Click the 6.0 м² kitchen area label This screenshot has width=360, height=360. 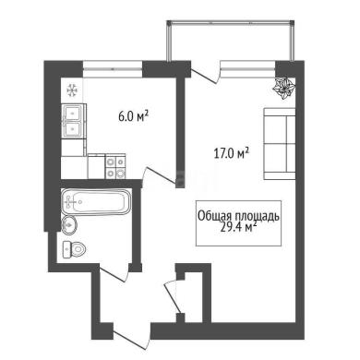click(x=133, y=116)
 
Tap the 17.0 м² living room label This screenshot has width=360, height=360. click(x=231, y=153)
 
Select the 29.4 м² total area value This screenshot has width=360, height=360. click(x=239, y=228)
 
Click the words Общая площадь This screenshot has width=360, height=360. click(x=238, y=216)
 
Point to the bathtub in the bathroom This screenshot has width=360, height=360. click(x=96, y=201)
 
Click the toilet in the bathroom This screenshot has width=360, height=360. click(x=74, y=249)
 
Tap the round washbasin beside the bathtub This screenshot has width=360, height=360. click(x=69, y=225)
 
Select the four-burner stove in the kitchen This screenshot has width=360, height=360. click(x=115, y=166)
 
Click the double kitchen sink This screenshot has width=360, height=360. click(x=72, y=121)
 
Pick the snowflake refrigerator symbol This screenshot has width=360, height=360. click(x=72, y=90)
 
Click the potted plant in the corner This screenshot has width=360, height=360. click(x=284, y=89)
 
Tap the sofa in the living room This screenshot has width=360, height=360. click(x=280, y=143)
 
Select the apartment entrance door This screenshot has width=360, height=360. click(x=132, y=339)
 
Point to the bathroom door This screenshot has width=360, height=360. click(x=114, y=273)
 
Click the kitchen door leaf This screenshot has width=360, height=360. click(x=161, y=176)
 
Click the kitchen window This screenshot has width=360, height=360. click(x=113, y=69)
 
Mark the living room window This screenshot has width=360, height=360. click(x=247, y=69)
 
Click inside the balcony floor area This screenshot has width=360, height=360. click(x=230, y=42)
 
